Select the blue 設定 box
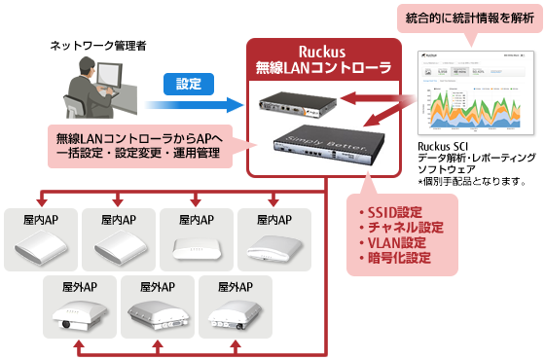coord(190,85)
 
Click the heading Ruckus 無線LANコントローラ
coord(324,58)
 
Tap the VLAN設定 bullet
coord(393,243)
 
